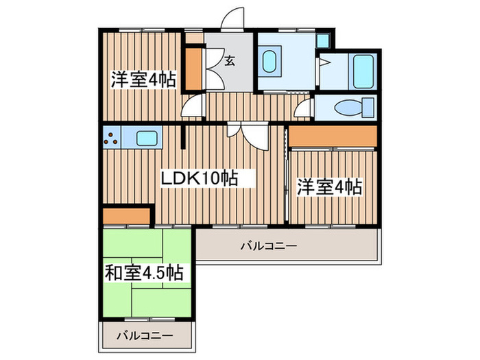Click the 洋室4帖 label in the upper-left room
click(143, 80)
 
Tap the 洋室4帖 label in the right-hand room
click(329, 186)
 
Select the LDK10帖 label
click(199, 178)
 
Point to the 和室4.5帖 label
click(144, 272)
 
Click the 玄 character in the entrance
click(229, 61)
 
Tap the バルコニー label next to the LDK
click(268, 246)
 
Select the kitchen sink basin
click(147, 138)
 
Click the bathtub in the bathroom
click(361, 70)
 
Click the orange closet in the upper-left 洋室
click(194, 69)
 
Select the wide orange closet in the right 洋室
click(333, 136)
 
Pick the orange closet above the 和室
click(125, 216)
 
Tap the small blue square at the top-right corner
click(324, 40)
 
